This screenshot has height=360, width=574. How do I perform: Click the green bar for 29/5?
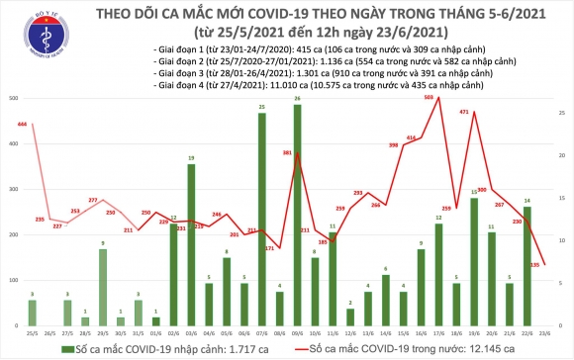pos(102,288)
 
